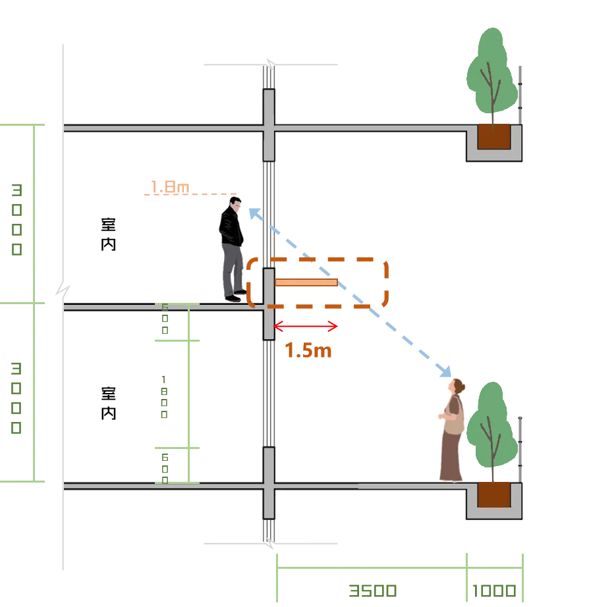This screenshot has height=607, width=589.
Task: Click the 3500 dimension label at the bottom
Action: coord(374,592)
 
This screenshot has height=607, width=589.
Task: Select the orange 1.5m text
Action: coord(308,350)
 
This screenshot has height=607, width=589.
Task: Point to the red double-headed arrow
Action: coord(306,326)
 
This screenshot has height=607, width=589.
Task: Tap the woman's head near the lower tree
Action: coord(457,386)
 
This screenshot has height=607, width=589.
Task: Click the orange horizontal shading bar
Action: coord(306,283)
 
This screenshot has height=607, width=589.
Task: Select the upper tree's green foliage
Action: coord(491,69)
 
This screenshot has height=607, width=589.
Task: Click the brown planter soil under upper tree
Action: coord(494,137)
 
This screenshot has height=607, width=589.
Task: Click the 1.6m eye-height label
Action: coord(167,190)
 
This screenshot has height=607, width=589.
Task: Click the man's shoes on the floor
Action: coord(233,298)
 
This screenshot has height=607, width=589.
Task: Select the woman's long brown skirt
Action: coord(451,458)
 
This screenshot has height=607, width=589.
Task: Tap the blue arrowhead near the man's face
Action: coord(252,212)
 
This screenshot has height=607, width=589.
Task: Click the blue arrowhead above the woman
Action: coord(448,373)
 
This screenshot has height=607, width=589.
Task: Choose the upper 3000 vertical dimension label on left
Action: coord(18,221)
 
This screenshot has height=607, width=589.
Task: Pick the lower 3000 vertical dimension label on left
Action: coord(16,397)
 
